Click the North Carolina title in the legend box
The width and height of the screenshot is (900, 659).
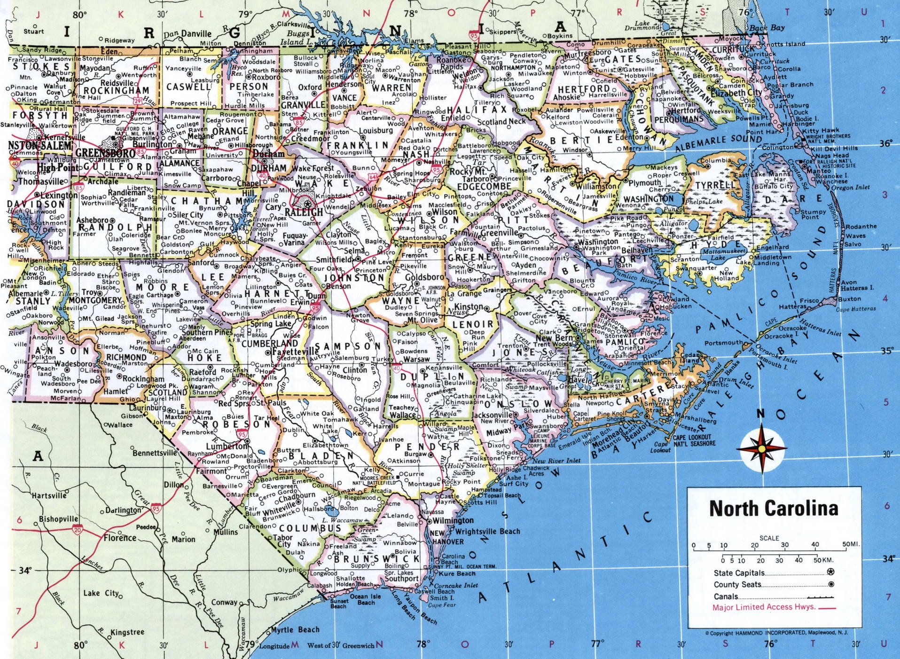[774, 509]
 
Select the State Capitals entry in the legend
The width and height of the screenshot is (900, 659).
[739, 573]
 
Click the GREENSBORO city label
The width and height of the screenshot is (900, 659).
[105, 153]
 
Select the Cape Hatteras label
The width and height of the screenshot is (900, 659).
[856, 309]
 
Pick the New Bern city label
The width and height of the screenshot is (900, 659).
[555, 338]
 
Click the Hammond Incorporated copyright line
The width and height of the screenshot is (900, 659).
[776, 633]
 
